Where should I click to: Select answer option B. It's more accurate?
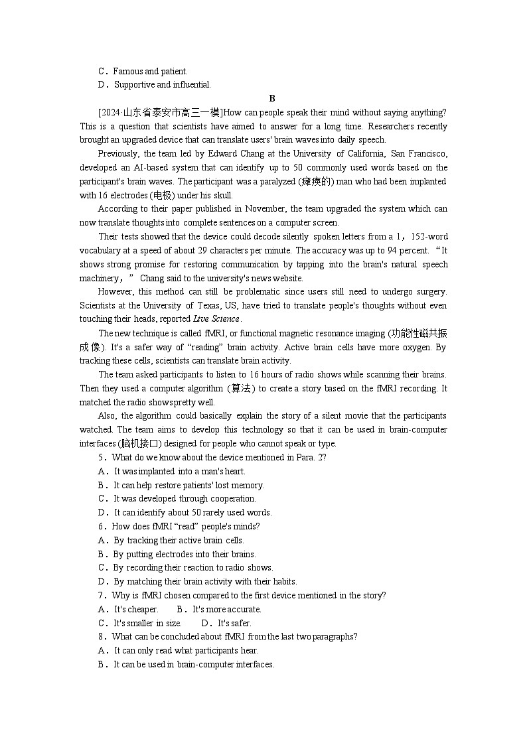pos(219,609)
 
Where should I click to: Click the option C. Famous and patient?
pos(143,71)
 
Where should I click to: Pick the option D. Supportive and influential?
pos(155,84)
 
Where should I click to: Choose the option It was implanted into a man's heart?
pos(179,472)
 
